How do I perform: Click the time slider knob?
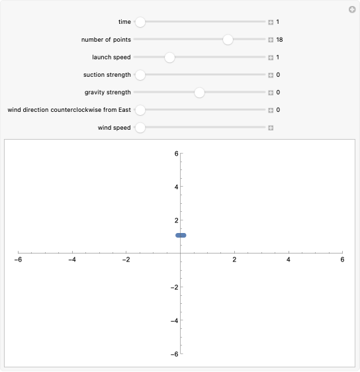point(140,22)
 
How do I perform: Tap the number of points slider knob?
point(228,40)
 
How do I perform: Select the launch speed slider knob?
point(169,58)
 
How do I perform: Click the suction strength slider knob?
point(140,75)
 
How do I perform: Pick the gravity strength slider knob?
point(199,93)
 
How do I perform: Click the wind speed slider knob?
point(140,128)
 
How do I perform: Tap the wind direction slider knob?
point(140,110)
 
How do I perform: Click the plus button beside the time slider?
point(271,22)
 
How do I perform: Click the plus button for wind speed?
point(271,128)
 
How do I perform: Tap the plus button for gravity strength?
point(271,93)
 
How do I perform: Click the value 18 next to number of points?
point(280,40)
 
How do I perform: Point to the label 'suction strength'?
point(107,75)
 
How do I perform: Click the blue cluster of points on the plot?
point(181,235)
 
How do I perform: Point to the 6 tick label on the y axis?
point(177,153)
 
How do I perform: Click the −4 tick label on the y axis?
point(174,321)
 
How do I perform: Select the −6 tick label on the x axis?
point(19,260)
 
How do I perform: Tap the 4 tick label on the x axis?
point(289,260)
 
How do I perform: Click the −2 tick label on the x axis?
point(126,260)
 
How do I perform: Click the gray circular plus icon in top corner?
point(352,9)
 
